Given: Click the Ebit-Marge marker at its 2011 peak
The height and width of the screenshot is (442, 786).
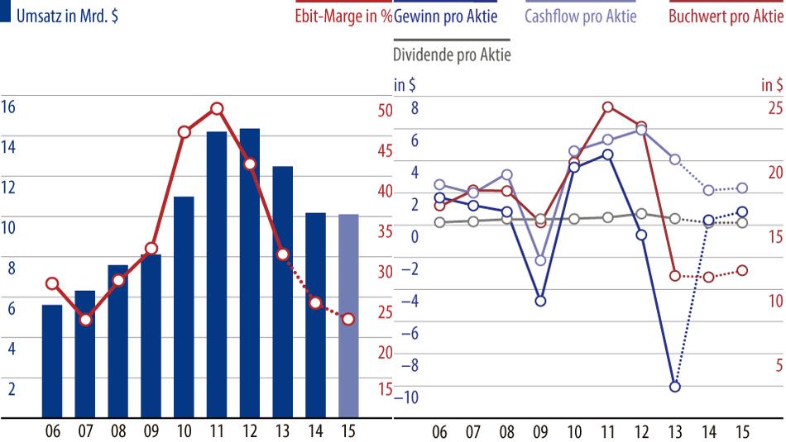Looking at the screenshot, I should (x=217, y=108).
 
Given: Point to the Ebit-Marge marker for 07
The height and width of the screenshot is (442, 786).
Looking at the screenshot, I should (x=85, y=319).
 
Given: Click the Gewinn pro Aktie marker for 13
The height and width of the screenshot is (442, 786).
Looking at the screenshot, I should (x=675, y=387).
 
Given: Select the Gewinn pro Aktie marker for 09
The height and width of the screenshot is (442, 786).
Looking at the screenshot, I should (x=540, y=301).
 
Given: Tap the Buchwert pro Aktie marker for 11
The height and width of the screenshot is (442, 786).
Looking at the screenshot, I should (x=607, y=107).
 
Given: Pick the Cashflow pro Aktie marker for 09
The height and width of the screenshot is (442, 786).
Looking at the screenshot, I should (x=540, y=260).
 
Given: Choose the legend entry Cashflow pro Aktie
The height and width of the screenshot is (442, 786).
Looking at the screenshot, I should (x=581, y=17).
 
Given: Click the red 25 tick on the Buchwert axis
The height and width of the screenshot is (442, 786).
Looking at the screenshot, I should (x=772, y=107).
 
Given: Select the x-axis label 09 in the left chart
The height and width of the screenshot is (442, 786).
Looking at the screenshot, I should (x=151, y=430).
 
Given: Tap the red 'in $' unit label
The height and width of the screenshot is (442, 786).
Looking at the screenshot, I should (x=772, y=84).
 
